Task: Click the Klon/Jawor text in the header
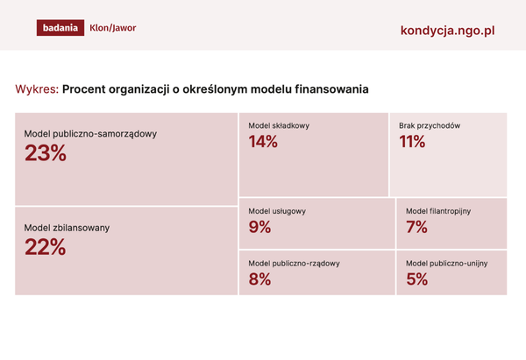click(113, 28)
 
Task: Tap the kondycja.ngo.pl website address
click(447, 30)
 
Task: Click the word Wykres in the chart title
click(36, 89)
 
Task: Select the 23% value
click(45, 153)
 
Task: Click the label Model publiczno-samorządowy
click(90, 133)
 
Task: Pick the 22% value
click(45, 247)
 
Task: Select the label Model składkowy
click(279, 126)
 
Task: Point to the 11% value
click(411, 142)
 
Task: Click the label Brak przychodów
click(430, 126)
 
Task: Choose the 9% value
click(259, 228)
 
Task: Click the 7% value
click(416, 228)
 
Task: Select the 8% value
click(259, 279)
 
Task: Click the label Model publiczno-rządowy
click(294, 263)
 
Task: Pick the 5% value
click(416, 279)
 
